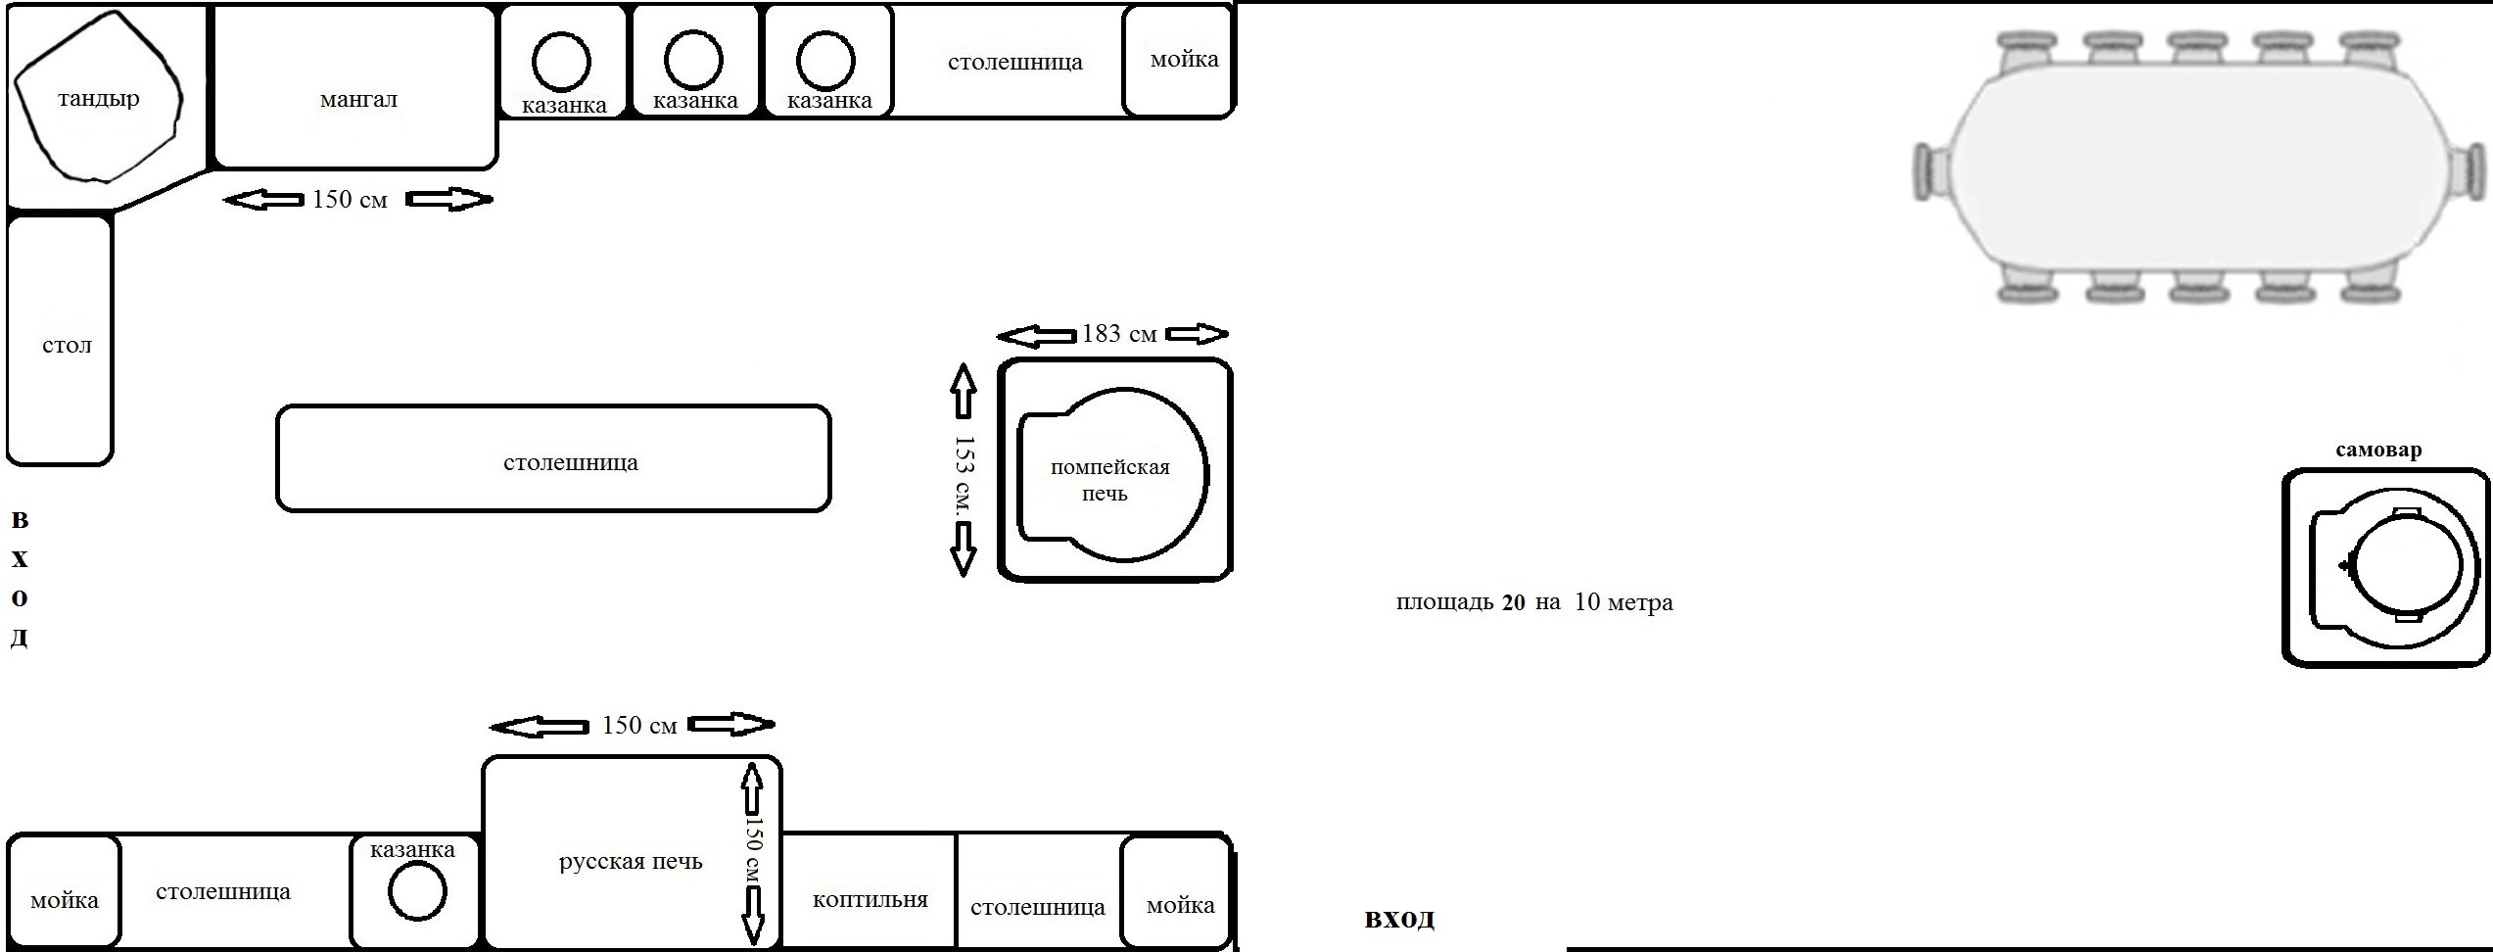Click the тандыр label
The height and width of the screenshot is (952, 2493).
pos(98,99)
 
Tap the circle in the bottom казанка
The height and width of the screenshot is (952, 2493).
pos(417,892)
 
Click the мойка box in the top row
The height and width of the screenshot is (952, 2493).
pos(1178,61)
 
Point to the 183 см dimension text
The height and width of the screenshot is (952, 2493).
pos(1119,335)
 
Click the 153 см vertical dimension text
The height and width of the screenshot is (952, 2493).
pos(964,470)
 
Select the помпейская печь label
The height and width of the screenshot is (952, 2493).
pos(1109,480)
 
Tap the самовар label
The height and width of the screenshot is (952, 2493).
pos(2378,451)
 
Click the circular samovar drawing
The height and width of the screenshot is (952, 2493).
pos(2406,568)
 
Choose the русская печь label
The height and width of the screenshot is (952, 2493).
pos(631,862)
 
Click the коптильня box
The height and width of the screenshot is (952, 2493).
pos(870,899)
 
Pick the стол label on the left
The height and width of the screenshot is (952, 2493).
pos(67,345)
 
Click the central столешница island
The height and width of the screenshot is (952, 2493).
pos(554,458)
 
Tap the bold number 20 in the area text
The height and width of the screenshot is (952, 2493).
pos(1513,603)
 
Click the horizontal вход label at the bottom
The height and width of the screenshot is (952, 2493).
pos(1399,920)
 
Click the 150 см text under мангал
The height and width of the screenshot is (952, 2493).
pos(350,200)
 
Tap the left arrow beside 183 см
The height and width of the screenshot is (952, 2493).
pos(1036,337)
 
